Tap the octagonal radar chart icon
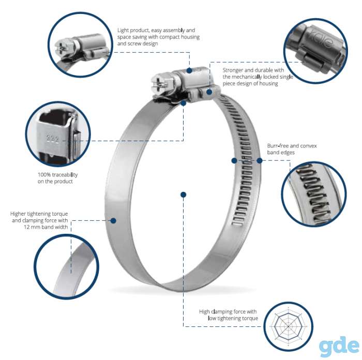coord(289,326)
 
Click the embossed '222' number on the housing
coord(53,139)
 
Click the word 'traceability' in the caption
coord(65,175)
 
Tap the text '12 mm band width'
coord(46,227)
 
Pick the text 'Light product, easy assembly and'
coord(156,30)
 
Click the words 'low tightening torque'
coord(233,318)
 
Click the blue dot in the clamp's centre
coord(183,194)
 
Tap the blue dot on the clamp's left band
coord(113,220)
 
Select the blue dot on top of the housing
coord(189,70)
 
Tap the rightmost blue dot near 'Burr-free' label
coord(260,160)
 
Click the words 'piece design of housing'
coord(250,84)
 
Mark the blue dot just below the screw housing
coord(184,103)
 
